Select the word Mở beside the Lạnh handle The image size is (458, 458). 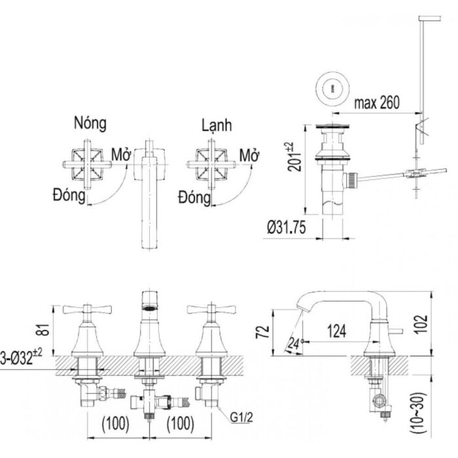coord(249,156)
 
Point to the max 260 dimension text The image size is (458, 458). coord(376,102)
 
